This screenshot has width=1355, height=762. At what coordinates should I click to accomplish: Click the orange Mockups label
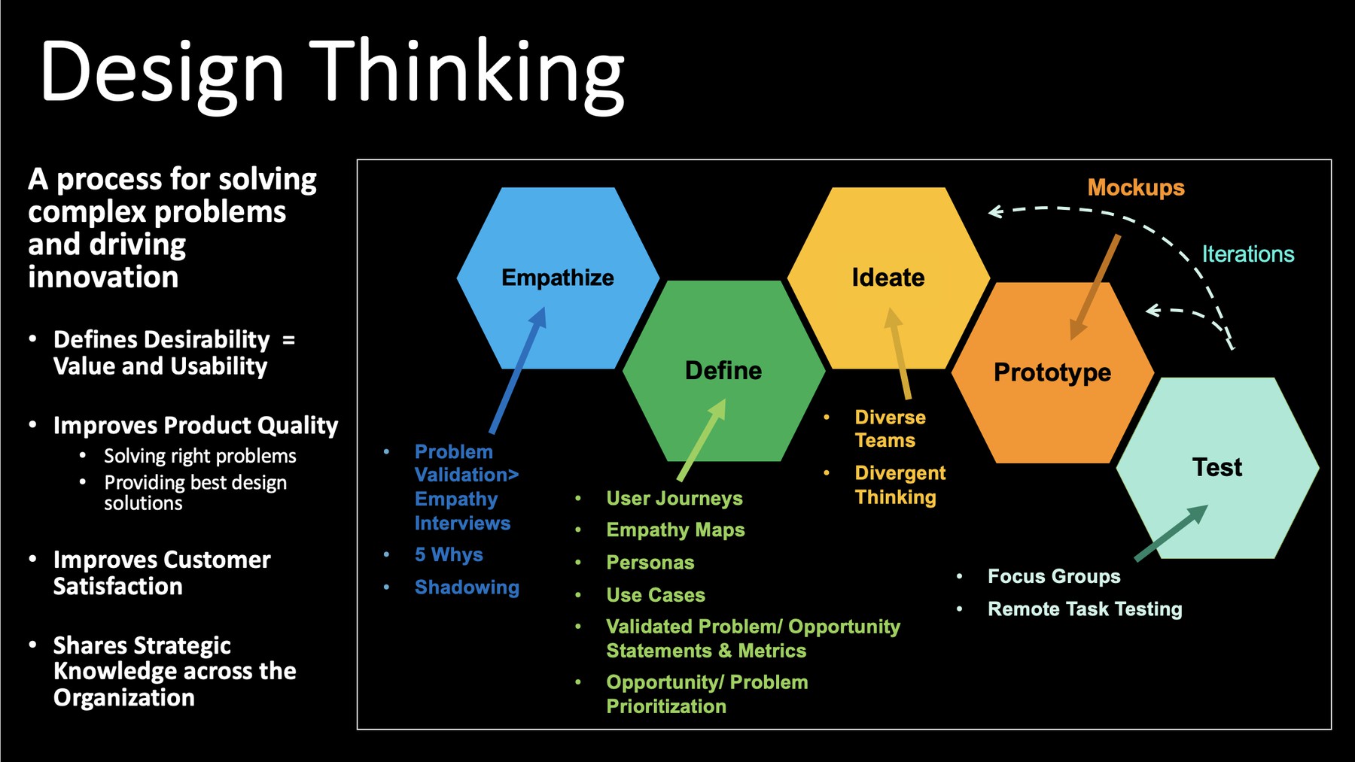(1135, 187)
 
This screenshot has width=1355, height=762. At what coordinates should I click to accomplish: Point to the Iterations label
(1247, 254)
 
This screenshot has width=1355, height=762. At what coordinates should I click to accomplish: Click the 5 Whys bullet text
(449, 555)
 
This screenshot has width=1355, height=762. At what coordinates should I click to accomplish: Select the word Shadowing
(467, 587)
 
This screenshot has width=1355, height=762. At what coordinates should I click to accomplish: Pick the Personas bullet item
(650, 563)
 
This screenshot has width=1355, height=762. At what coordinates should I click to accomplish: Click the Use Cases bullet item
(656, 595)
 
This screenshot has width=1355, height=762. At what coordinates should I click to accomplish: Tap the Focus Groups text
(1053, 576)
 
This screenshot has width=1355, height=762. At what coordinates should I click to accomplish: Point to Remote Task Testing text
(1084, 609)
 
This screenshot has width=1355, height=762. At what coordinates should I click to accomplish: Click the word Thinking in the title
(467, 71)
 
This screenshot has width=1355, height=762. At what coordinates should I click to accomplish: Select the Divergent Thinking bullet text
(900, 485)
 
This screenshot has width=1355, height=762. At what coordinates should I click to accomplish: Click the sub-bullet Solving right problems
(199, 456)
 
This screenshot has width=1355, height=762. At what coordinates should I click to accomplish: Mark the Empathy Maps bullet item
(675, 530)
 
